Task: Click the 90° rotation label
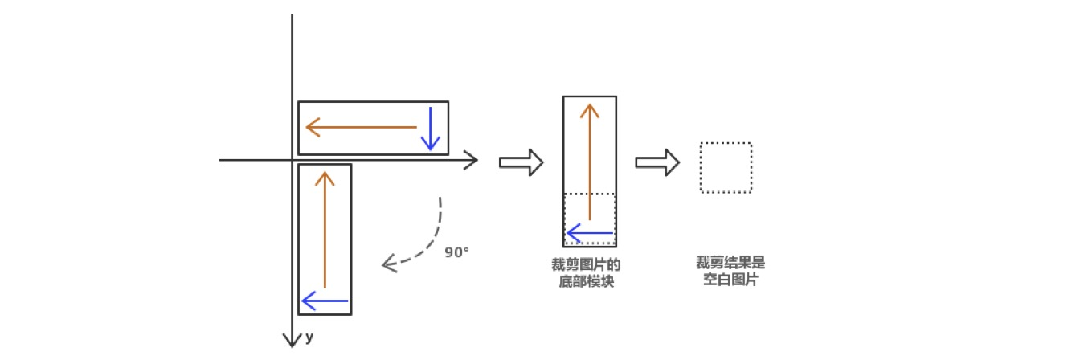pyautogui.click(x=456, y=252)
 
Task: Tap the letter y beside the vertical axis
pyautogui.click(x=309, y=337)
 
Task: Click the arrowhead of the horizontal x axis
pyautogui.click(x=472, y=161)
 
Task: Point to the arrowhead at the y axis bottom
pyautogui.click(x=292, y=340)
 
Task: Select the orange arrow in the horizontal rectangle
pyautogui.click(x=362, y=127)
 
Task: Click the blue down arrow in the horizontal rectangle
pyautogui.click(x=432, y=129)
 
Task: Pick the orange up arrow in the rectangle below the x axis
pyautogui.click(x=325, y=229)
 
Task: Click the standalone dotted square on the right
pyautogui.click(x=726, y=167)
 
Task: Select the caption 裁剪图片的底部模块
pyautogui.click(x=590, y=273)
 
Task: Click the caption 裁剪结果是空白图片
pyautogui.click(x=726, y=272)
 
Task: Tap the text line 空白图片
pyautogui.click(x=726, y=281)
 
